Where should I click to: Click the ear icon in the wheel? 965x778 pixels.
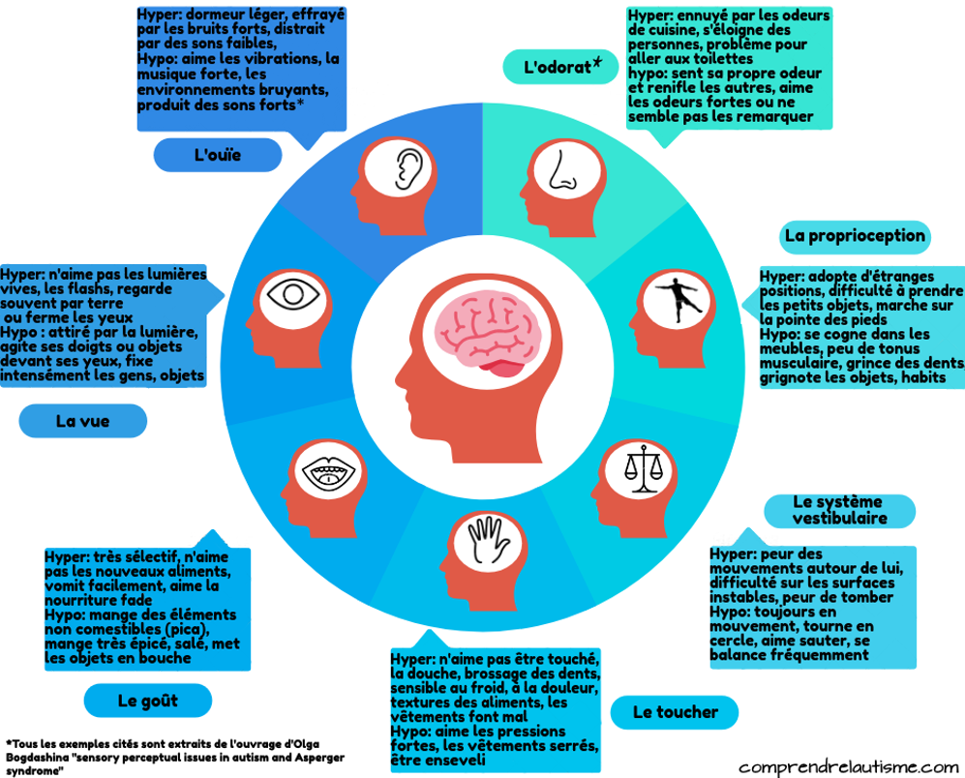click(x=408, y=169)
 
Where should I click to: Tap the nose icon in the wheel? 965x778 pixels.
click(x=562, y=170)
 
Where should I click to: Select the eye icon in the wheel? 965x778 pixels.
click(x=293, y=293)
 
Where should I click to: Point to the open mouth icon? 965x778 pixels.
click(x=329, y=473)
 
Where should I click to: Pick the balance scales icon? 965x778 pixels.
click(x=644, y=469)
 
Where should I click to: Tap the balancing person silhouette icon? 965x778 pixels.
click(x=677, y=300)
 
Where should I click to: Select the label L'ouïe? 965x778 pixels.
click(x=217, y=155)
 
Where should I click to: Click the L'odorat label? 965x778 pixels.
click(x=562, y=67)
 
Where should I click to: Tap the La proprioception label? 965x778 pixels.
click(x=855, y=236)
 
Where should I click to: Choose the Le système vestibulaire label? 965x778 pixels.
click(x=839, y=510)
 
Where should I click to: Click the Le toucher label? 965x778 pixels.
click(x=676, y=712)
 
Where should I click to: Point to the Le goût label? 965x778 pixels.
click(x=148, y=701)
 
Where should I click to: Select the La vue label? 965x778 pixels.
click(x=82, y=421)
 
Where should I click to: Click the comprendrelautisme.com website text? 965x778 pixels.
click(x=849, y=767)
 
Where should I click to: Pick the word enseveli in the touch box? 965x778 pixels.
click(x=455, y=761)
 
